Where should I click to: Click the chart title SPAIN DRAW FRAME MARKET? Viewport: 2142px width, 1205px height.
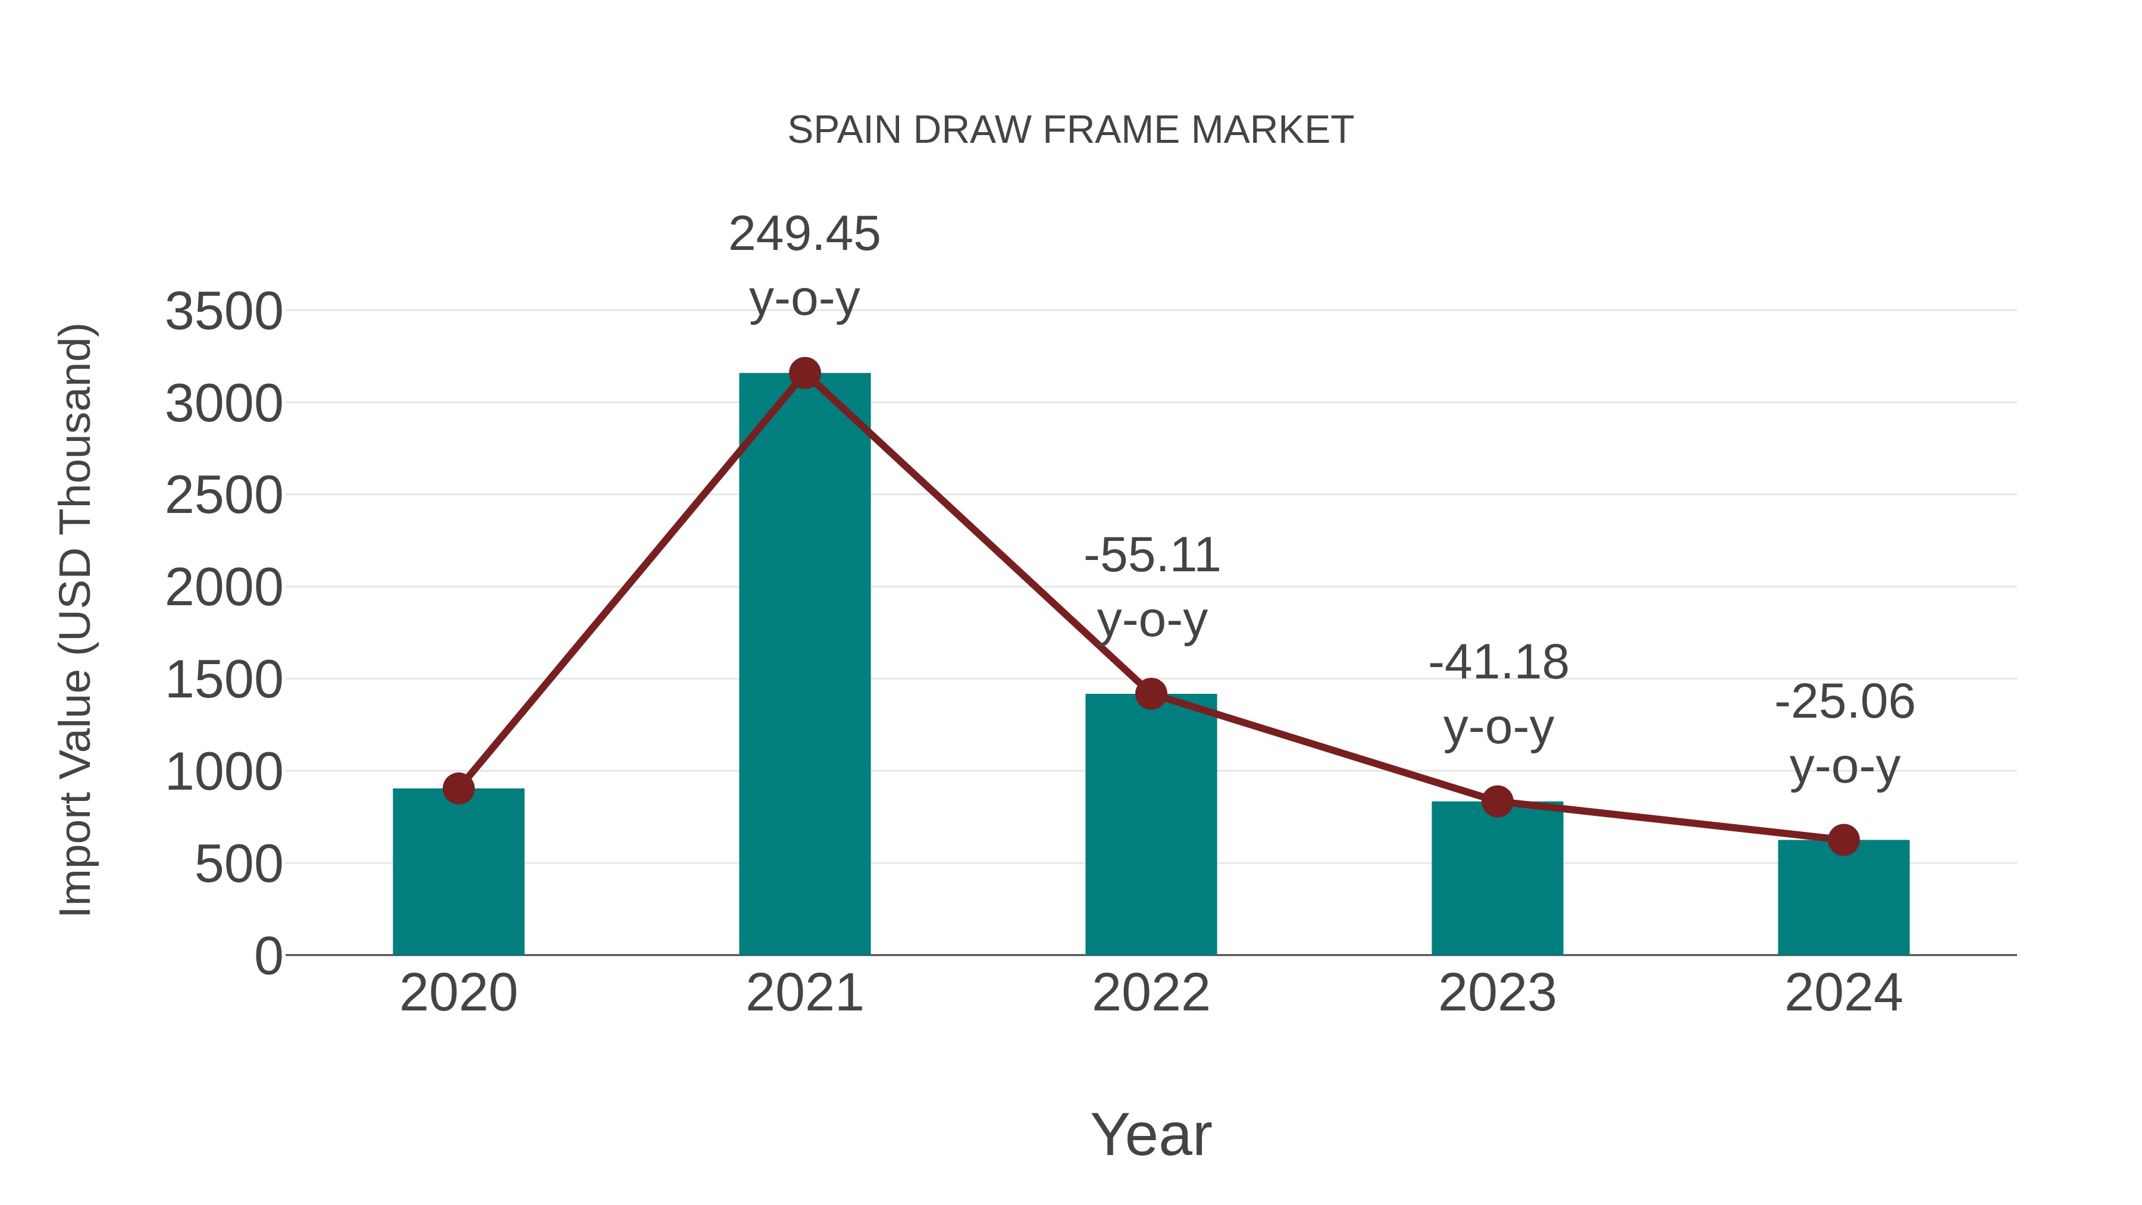[1070, 130]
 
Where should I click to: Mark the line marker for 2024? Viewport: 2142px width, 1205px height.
[1843, 839]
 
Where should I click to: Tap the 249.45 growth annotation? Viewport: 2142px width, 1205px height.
[804, 234]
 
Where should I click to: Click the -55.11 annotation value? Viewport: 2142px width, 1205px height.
[1151, 556]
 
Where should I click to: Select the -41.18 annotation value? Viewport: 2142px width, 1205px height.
[1498, 663]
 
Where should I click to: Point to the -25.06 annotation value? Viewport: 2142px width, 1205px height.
[1843, 702]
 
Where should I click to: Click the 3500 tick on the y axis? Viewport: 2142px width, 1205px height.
[224, 312]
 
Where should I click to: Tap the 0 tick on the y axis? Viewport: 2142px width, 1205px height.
[268, 956]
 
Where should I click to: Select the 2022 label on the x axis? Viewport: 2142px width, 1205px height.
[1150, 993]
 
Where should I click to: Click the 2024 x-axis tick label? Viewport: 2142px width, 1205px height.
[1843, 993]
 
